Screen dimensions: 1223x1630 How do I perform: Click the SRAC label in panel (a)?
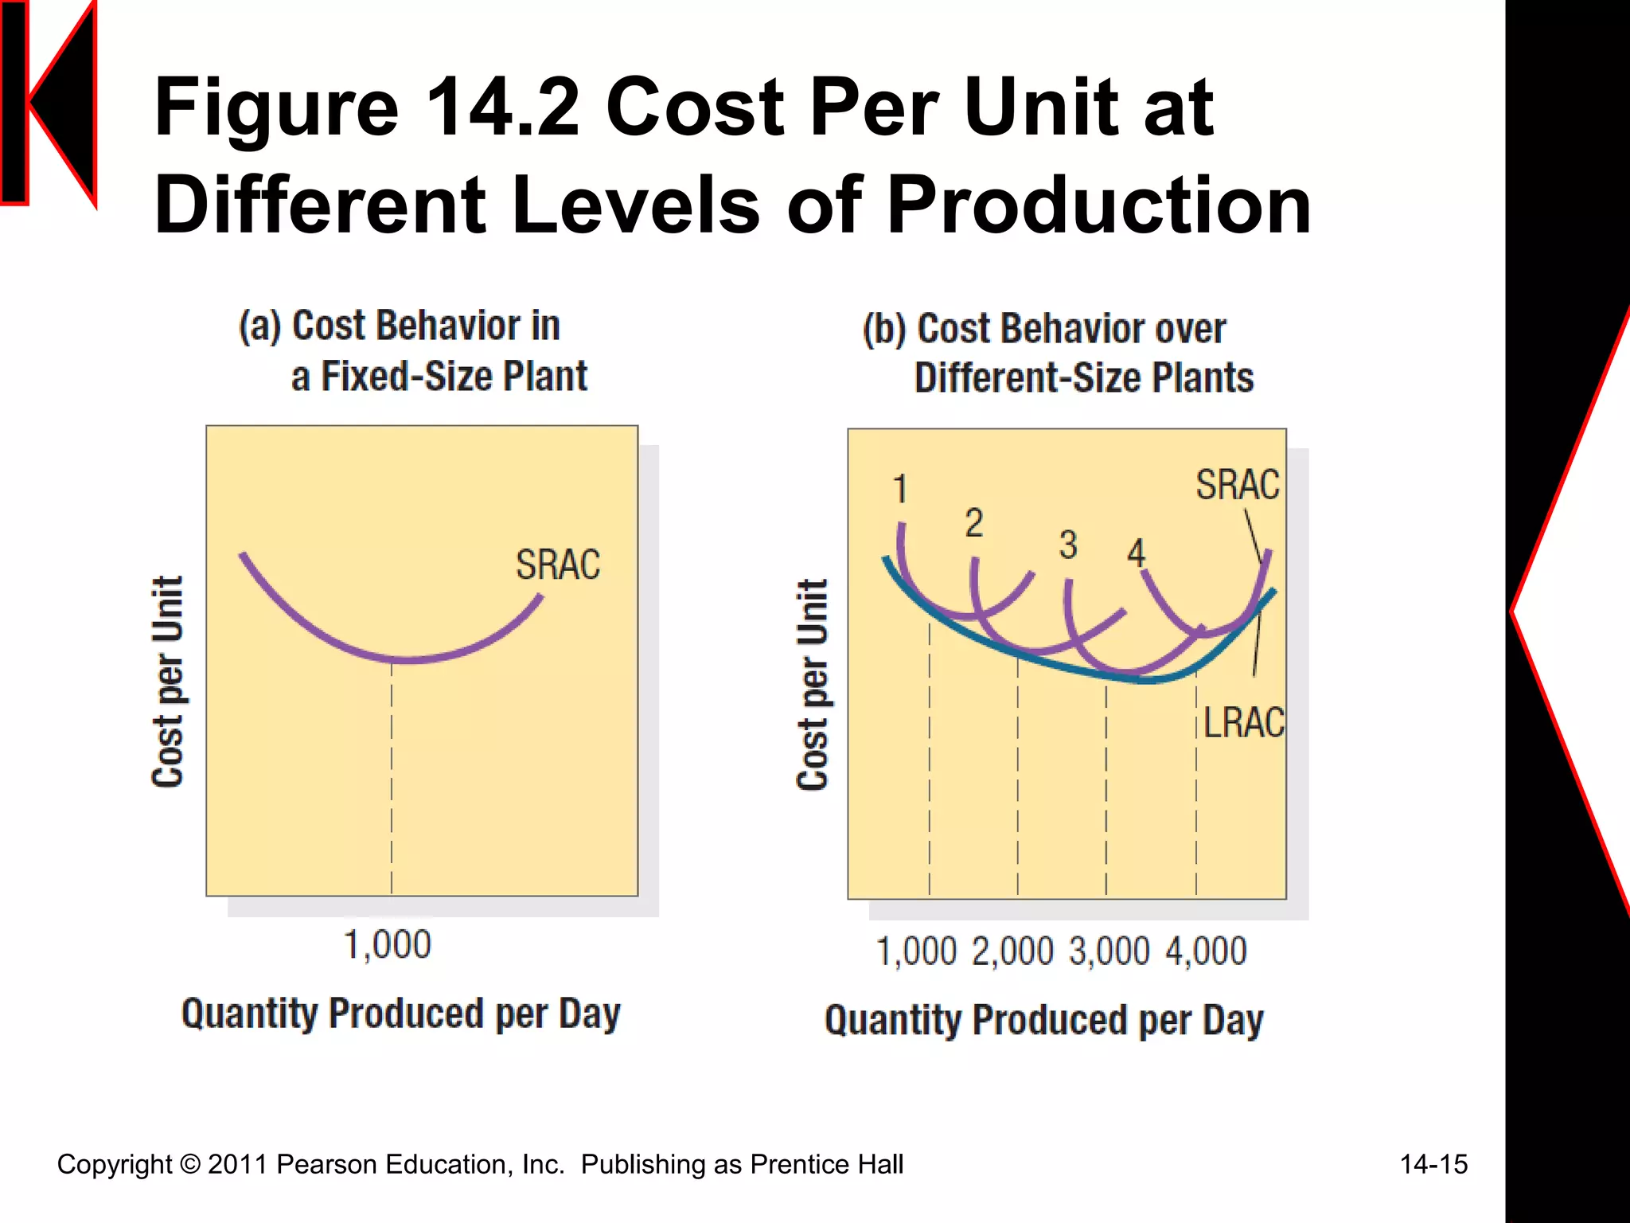(557, 565)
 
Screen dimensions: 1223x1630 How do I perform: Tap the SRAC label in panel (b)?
(1237, 485)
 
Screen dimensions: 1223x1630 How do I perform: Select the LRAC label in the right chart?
(1243, 722)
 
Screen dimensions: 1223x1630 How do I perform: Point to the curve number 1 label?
(899, 489)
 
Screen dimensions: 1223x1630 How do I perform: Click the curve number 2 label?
(974, 523)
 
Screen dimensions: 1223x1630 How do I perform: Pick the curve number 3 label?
(1068, 545)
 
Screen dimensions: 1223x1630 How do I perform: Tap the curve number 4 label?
(1136, 553)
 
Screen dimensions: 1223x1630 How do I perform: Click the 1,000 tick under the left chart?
(388, 945)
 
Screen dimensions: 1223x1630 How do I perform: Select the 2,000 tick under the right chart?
(1012, 951)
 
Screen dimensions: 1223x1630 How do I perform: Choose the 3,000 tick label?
(1109, 951)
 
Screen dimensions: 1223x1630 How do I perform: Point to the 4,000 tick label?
(1206, 951)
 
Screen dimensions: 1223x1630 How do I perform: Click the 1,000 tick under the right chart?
(916, 951)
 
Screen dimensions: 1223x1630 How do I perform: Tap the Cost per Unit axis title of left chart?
(168, 682)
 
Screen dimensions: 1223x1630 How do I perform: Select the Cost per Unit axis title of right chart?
(813, 685)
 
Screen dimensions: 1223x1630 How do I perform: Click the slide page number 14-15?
(1433, 1164)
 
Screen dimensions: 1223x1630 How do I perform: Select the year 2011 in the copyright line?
(238, 1164)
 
